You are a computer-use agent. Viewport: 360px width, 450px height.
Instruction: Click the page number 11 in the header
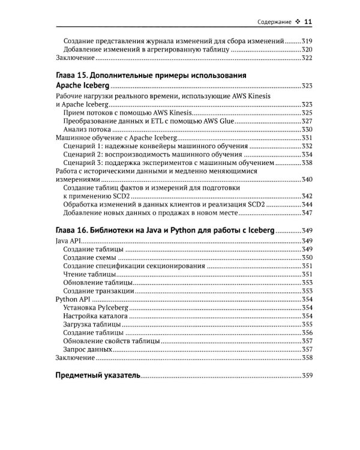pyautogui.click(x=307, y=22)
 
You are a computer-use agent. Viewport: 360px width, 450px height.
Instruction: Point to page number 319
pyautogui.click(x=307, y=41)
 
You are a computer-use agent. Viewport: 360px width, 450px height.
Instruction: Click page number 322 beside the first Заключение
pyautogui.click(x=307, y=58)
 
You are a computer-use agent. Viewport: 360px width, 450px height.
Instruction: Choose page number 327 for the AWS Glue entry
pyautogui.click(x=307, y=121)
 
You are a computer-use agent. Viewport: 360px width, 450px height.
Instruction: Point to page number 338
pyautogui.click(x=307, y=163)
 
